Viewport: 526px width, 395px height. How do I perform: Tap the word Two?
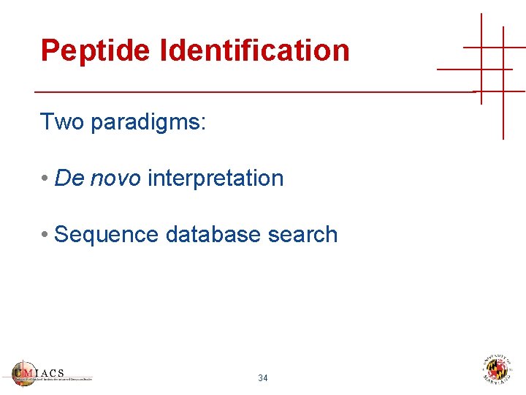click(x=62, y=121)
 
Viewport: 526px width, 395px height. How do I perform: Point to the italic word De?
click(x=69, y=178)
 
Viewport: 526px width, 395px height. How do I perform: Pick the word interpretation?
click(x=216, y=178)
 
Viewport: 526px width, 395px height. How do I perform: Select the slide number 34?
click(x=263, y=378)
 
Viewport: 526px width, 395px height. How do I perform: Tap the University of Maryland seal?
click(x=498, y=369)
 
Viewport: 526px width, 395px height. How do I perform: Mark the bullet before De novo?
click(x=45, y=178)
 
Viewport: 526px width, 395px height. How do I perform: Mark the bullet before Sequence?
click(x=45, y=235)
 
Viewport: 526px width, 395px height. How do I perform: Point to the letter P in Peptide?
click(x=50, y=50)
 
